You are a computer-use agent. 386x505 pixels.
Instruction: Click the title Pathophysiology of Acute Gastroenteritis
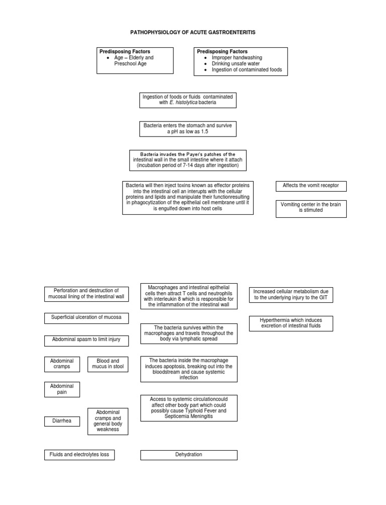coord(193,32)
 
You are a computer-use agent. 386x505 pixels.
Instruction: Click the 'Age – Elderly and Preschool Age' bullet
coord(133,61)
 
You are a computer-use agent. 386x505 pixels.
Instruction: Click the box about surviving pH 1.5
coord(187,129)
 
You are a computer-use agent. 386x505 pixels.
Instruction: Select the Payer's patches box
coord(187,160)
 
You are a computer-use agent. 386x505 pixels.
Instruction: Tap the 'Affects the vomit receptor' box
coord(311,186)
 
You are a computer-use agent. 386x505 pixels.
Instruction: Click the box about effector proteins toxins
coord(187,197)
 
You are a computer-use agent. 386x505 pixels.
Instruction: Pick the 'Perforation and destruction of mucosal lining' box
coord(86,294)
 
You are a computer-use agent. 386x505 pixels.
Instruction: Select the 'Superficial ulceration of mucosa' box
coord(86,318)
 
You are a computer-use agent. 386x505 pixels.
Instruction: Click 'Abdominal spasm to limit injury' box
coord(86,340)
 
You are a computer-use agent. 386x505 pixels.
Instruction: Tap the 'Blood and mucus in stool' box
coord(108,364)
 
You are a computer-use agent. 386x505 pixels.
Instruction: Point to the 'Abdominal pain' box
coord(62,390)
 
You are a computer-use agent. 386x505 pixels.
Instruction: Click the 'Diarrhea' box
coord(62,422)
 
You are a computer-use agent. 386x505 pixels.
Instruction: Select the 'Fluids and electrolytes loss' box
coord(79,455)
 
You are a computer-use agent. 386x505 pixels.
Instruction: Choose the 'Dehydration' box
coord(188,455)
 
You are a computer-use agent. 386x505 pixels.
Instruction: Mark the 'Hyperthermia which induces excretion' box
coord(298,323)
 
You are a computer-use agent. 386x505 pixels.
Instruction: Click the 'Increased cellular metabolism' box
coord(298,295)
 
